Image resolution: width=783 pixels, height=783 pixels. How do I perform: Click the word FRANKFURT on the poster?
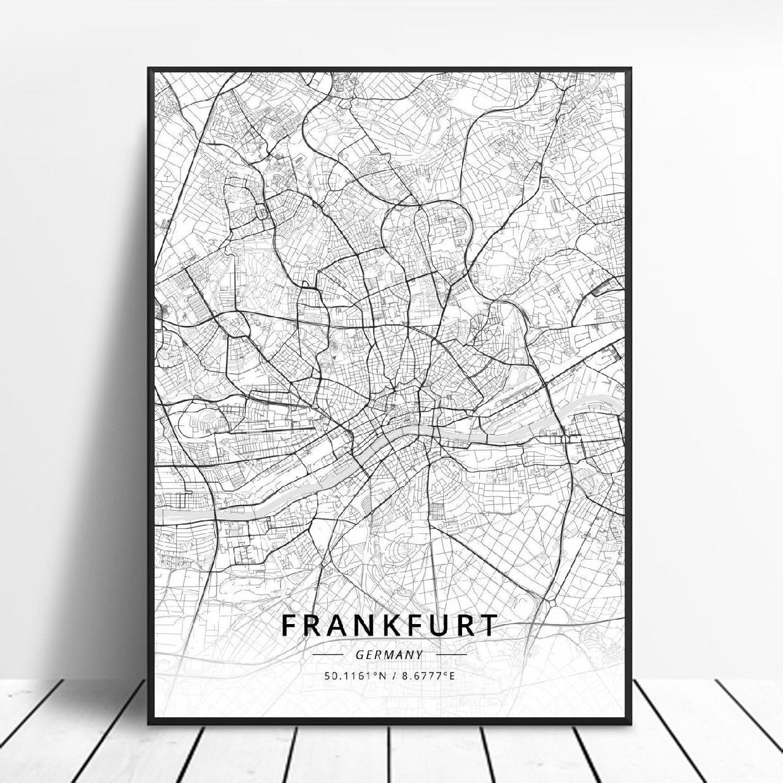[390, 626]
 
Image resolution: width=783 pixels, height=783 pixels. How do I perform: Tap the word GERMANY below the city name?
[390, 655]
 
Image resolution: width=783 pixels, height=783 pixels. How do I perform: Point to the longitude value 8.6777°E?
[430, 676]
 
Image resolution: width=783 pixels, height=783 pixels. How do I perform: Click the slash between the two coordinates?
[393, 676]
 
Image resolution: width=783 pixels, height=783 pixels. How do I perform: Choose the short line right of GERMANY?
[450, 655]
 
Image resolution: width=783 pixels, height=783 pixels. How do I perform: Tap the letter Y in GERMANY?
[420, 655]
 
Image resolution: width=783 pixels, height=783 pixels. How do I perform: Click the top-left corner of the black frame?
[149, 69]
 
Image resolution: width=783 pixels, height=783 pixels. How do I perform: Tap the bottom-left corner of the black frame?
[149, 722]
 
